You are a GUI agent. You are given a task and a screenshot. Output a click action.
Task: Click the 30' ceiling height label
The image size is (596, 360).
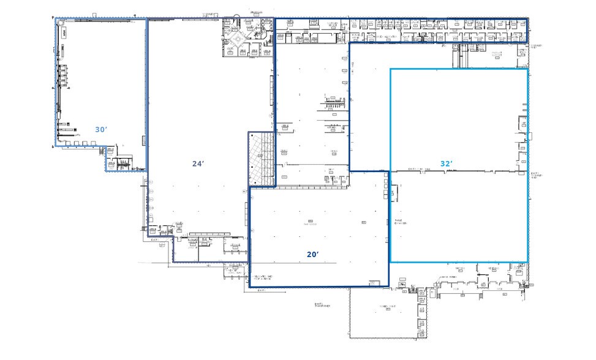[x=101, y=130]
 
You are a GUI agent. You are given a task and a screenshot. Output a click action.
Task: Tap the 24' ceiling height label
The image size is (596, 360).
[x=198, y=163]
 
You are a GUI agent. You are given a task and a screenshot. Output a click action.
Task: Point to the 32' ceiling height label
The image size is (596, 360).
[x=447, y=163]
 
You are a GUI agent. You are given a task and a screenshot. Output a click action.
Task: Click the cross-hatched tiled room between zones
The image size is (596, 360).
[x=262, y=159]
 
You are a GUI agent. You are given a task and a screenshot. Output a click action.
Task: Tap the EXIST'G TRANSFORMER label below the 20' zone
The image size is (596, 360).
[x=322, y=306]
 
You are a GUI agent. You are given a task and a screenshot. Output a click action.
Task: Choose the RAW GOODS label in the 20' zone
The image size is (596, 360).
[x=310, y=223]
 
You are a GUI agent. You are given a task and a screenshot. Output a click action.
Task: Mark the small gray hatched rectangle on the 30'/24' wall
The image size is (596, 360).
[x=144, y=141]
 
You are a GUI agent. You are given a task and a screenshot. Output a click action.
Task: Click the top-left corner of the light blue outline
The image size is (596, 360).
[x=391, y=69]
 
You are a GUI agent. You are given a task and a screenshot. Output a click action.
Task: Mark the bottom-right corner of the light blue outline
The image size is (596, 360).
[x=528, y=262]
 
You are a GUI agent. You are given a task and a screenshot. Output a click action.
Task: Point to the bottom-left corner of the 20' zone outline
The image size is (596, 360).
[x=249, y=287]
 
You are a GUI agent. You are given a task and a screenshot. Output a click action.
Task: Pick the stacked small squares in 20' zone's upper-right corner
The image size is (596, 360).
[x=385, y=184]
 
